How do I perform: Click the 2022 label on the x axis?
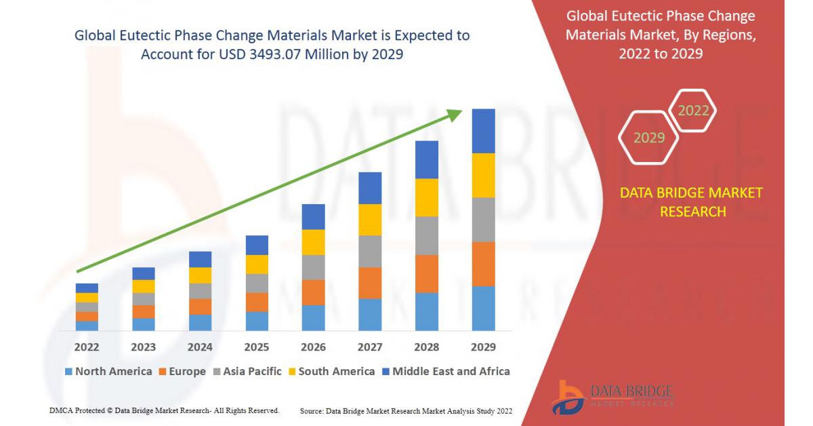coord(87,347)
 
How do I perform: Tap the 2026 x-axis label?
coord(313,347)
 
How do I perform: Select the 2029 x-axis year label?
coord(483,347)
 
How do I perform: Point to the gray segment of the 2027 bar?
coord(370,251)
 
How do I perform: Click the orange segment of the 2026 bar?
coord(313,292)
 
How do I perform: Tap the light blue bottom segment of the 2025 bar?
coord(257,321)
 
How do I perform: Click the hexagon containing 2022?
coord(693,111)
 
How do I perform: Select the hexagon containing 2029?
coord(648,138)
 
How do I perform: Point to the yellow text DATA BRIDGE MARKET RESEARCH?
coord(691,202)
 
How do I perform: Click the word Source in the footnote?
coord(311,411)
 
